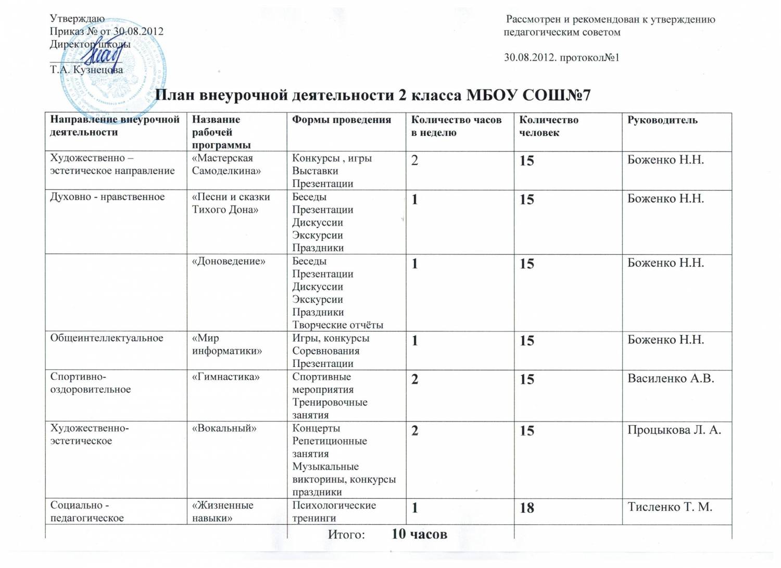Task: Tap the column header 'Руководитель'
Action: [x=662, y=120]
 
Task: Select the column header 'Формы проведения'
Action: [x=342, y=120]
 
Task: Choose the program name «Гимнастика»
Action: [x=225, y=377]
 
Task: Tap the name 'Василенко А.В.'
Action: [x=671, y=379]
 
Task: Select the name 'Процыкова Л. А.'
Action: [x=674, y=430]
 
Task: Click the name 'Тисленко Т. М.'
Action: [x=670, y=507]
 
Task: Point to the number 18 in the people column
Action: [x=527, y=508]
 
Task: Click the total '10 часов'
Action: [x=419, y=534]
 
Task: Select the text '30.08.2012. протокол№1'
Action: [x=561, y=58]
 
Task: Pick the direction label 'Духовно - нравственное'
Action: [x=107, y=197]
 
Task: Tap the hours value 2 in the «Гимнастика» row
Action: [x=414, y=379]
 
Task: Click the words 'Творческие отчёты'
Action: [x=337, y=325]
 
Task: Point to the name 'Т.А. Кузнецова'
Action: [x=86, y=70]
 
